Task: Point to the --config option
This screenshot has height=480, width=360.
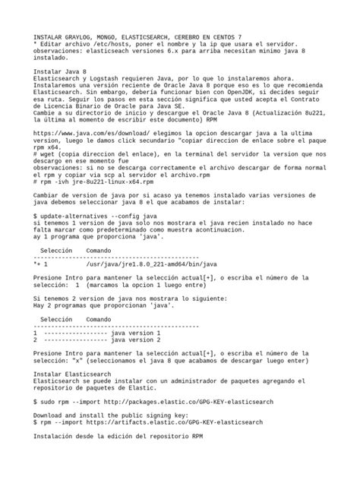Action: (130, 217)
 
